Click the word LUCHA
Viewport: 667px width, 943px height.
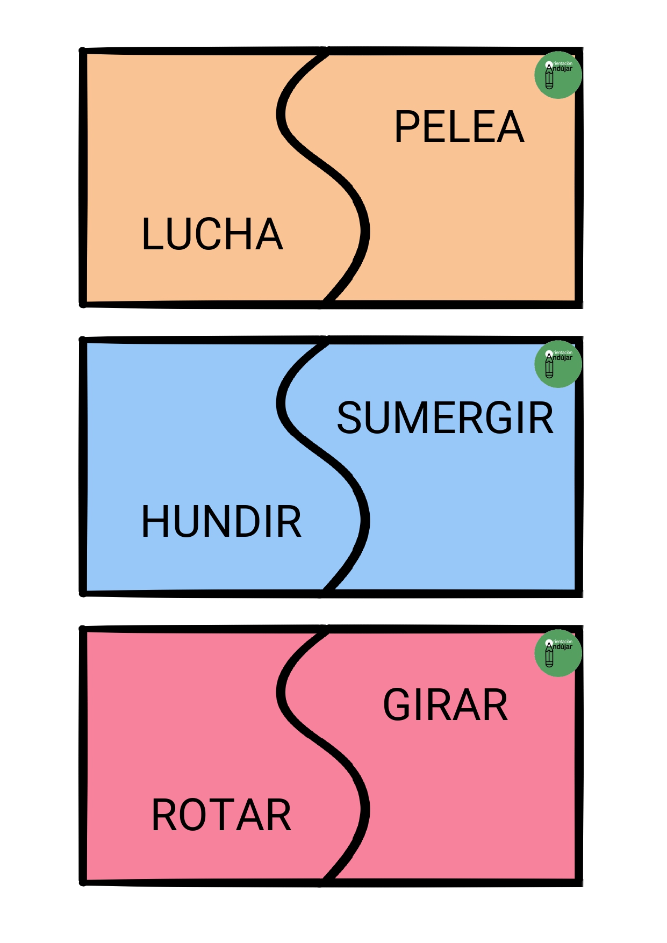[x=212, y=234]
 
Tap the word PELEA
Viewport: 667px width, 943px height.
[x=459, y=127]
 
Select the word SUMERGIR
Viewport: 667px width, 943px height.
[x=445, y=418]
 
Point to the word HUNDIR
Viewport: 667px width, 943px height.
[x=221, y=521]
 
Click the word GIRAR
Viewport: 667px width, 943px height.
[x=445, y=705]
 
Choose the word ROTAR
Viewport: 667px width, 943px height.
[x=221, y=815]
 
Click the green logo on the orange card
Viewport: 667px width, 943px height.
[x=558, y=75]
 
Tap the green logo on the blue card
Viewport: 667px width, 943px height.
[x=558, y=364]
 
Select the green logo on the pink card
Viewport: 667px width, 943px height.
[x=558, y=653]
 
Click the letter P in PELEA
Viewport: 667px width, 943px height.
[x=407, y=127]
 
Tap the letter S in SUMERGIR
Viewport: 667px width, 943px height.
[x=349, y=418]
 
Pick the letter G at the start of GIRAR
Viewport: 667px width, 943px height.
[x=397, y=705]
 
